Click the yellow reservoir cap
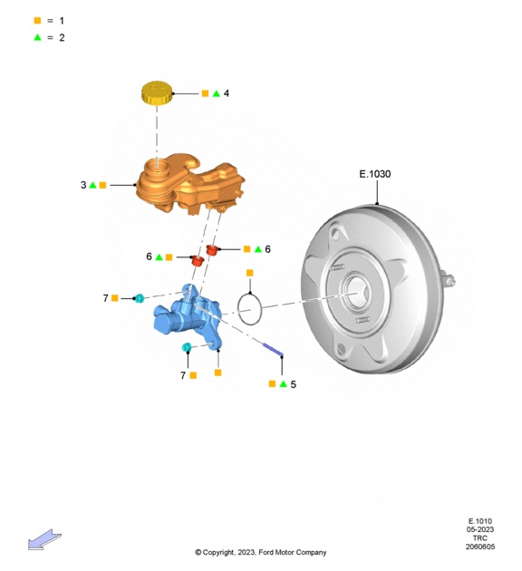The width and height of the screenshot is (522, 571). coord(157,92)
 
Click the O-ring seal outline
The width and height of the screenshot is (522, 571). coord(249,310)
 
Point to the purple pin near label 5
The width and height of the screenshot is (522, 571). coord(273,350)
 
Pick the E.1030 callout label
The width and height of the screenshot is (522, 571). coord(375,174)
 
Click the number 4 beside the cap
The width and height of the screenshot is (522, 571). coord(227,93)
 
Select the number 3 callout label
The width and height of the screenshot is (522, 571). coord(83,185)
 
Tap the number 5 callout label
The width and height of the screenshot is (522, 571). coord(294,384)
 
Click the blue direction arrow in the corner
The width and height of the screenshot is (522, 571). coord(44,539)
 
